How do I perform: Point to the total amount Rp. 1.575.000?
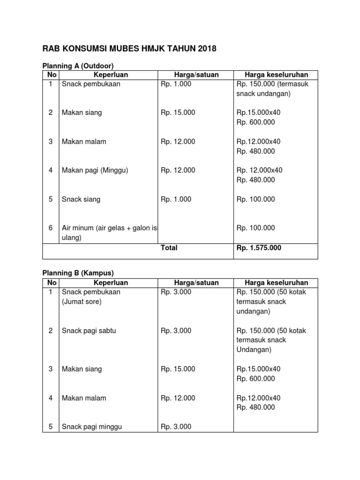[259, 248]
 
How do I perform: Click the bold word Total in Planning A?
[169, 248]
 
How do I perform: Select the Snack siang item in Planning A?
[81, 199]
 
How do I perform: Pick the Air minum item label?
[109, 228]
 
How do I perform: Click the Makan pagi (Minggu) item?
[95, 171]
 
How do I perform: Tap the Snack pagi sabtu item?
[89, 330]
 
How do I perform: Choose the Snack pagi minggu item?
[92, 427]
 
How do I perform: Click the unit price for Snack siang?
[176, 199]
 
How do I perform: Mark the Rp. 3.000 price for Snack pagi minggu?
[176, 427]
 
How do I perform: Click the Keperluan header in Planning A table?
[111, 75]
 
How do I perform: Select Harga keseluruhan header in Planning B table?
[276, 283]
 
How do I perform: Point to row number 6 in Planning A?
[51, 228]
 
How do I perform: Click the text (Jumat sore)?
[82, 301]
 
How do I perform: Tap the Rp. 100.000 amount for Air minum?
[256, 228]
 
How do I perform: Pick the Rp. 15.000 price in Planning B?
[178, 369]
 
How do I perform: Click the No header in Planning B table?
[52, 283]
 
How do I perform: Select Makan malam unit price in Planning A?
[178, 142]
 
